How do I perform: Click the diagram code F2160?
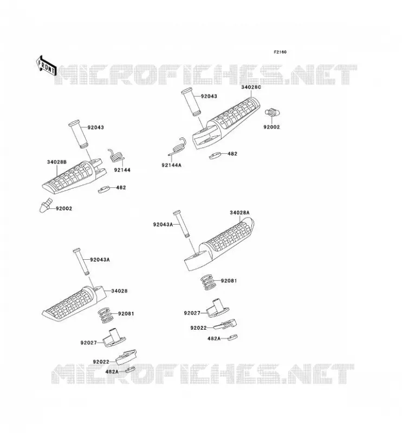point(280,52)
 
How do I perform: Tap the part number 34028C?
point(251,87)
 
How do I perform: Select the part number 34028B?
point(57,162)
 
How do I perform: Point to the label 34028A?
point(239,213)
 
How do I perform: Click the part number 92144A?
point(171,165)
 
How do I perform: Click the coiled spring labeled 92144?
point(116,155)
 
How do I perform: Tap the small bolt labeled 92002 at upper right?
point(272,113)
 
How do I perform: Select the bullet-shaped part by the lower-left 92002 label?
point(46,205)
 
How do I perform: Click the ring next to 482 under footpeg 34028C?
point(216,155)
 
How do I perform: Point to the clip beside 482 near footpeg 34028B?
point(104,190)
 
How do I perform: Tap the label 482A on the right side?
point(214,338)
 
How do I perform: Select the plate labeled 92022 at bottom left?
point(126,357)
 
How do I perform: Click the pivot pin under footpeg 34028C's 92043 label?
point(191,102)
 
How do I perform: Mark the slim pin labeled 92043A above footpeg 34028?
point(81,261)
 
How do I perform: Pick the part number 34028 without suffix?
point(119,291)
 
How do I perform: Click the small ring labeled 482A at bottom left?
point(130,370)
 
